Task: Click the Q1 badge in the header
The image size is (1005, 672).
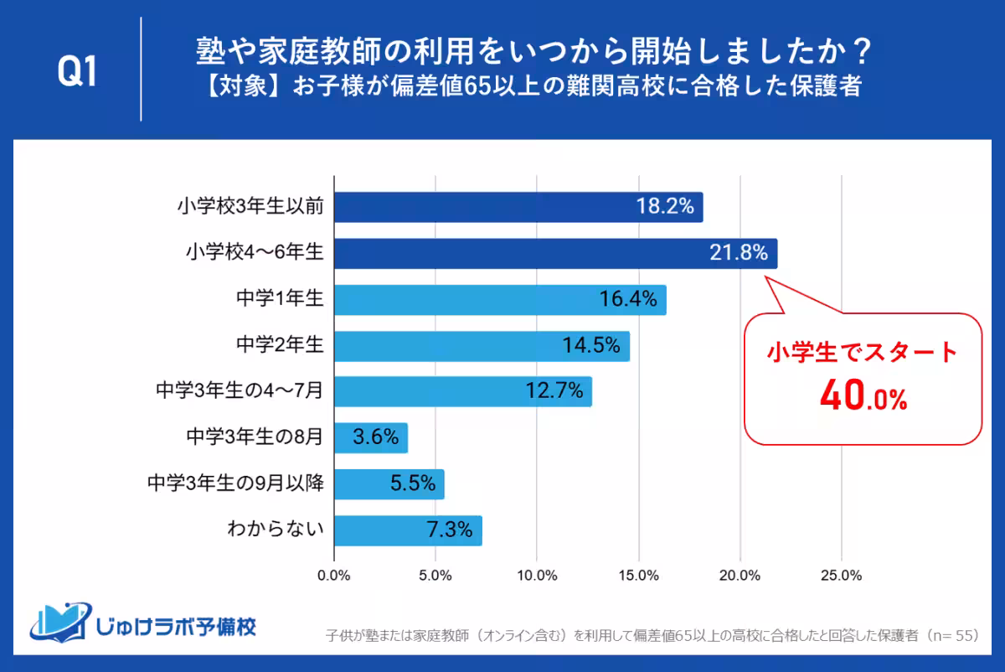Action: click(x=77, y=73)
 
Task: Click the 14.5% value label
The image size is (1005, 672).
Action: click(x=591, y=344)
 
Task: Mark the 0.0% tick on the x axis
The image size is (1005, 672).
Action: click(x=334, y=576)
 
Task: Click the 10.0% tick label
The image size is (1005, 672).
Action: click(x=537, y=576)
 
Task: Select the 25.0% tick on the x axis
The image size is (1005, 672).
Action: click(x=841, y=576)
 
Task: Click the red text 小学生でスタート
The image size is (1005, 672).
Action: click(x=863, y=352)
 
